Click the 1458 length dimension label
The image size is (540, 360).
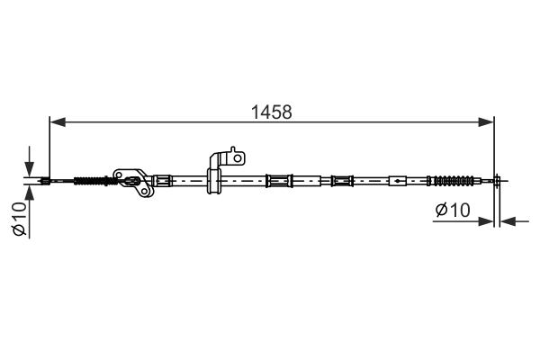[272, 112]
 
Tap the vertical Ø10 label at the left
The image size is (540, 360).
[19, 219]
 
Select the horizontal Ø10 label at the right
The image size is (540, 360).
[453, 210]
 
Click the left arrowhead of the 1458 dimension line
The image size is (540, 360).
[58, 121]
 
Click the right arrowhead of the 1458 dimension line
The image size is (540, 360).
[486, 121]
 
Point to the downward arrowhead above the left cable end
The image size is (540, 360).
[30, 169]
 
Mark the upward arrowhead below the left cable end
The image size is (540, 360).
[30, 193]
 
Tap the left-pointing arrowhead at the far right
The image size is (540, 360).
[508, 221]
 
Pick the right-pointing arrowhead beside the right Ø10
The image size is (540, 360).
[486, 221]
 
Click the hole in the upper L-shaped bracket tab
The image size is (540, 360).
[238, 158]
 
